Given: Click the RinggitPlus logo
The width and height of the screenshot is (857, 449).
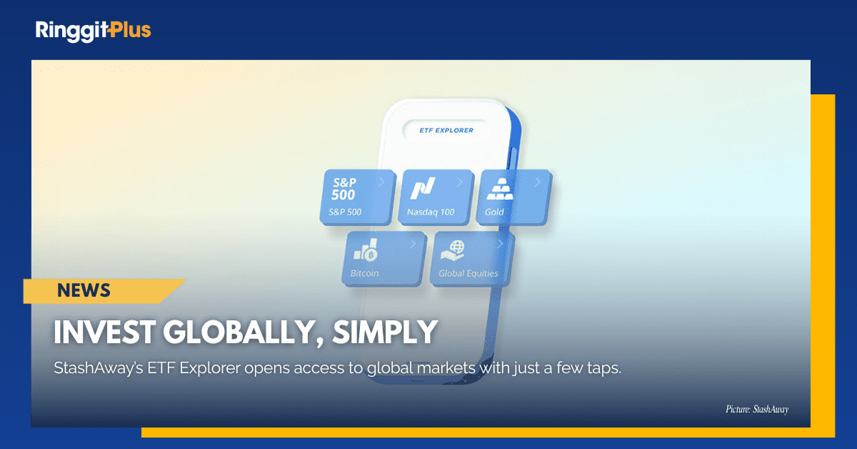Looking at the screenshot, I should pyautogui.click(x=93, y=30).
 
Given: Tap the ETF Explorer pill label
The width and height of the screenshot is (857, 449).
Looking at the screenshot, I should pyautogui.click(x=447, y=130).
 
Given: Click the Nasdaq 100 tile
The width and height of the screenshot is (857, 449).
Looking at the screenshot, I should pyautogui.click(x=436, y=196).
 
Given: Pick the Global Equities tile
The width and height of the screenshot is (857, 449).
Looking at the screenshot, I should pyautogui.click(x=471, y=257).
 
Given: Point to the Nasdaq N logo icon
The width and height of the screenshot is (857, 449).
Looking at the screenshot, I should pyautogui.click(x=422, y=189).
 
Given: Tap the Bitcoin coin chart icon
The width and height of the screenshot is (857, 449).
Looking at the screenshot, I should pyautogui.click(x=365, y=251).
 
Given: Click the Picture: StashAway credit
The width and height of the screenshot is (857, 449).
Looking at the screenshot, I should pyautogui.click(x=756, y=410).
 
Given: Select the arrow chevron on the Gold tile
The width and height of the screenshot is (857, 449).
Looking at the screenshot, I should pyautogui.click(x=538, y=182).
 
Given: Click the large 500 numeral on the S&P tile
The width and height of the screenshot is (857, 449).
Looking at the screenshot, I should pyautogui.click(x=344, y=194).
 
